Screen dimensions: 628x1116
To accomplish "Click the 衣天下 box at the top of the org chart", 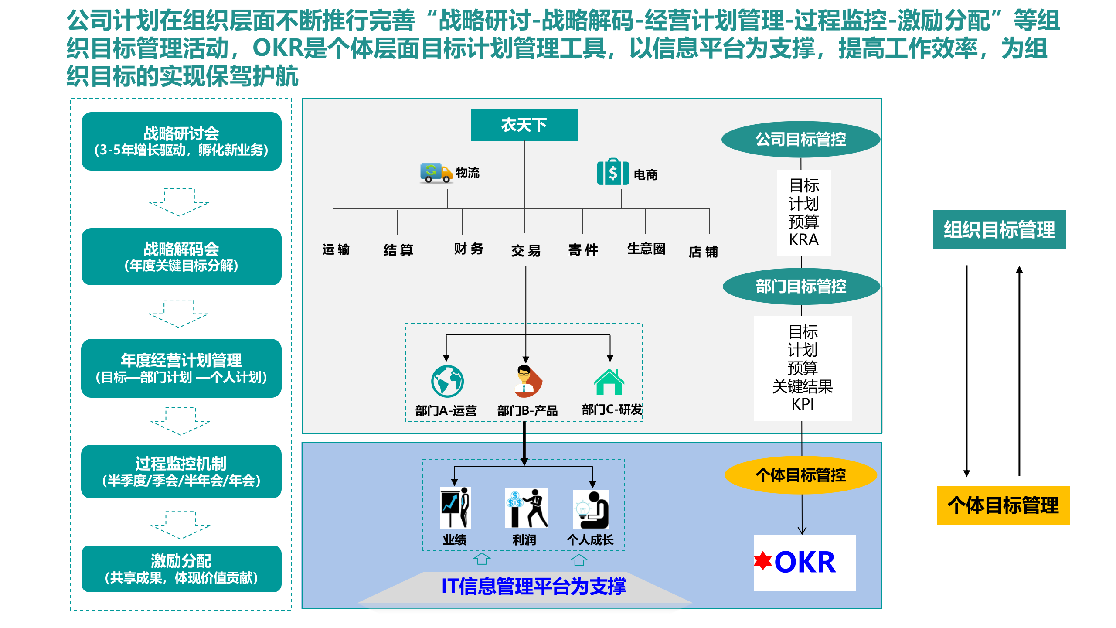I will coord(524,125).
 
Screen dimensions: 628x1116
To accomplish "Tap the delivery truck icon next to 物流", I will coord(436,173).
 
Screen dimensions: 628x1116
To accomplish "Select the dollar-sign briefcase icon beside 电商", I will coord(613,173).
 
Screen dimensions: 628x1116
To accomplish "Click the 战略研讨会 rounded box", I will coord(181,141).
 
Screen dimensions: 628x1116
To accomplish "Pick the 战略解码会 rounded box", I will coord(181,256).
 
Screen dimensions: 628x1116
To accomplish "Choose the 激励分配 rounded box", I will coord(181,569).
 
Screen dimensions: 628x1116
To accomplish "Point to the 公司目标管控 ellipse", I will coord(800,140).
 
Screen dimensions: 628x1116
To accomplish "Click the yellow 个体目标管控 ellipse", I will coord(800,475).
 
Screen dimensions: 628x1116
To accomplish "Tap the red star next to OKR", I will coord(763,561).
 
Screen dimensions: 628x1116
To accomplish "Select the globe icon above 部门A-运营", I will coord(447,381).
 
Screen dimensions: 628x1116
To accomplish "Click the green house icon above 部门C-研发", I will coord(609,382).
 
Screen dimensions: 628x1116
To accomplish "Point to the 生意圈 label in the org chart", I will coord(646,249).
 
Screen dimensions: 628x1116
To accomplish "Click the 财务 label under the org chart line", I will coord(468,249).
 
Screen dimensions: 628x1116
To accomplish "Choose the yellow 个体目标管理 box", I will coord(1003,505).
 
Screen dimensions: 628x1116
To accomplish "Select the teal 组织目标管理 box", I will coord(999,230).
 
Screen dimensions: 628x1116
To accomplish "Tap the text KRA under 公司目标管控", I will coord(803,240).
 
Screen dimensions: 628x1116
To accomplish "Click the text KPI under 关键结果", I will coord(803,404).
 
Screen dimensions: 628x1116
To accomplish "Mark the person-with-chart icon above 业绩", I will coord(455,507).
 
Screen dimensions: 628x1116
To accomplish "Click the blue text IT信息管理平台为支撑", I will coord(534,586).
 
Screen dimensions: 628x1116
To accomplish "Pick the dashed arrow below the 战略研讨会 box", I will coord(179,201).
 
